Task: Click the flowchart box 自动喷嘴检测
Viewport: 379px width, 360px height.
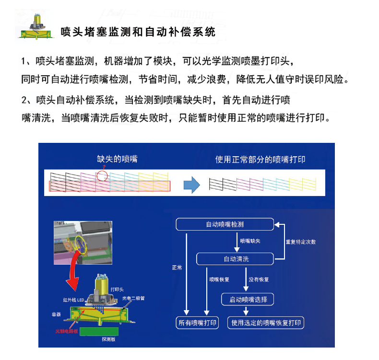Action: [225, 224]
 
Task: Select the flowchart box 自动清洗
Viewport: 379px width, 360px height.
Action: [235, 259]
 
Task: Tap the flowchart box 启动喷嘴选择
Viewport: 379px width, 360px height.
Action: [248, 300]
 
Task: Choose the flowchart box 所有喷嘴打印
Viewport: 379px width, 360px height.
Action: [198, 323]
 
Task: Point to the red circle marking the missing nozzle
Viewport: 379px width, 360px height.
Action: [102, 175]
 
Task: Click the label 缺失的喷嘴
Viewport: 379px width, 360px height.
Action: [114, 159]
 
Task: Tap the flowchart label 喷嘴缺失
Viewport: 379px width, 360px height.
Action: [249, 241]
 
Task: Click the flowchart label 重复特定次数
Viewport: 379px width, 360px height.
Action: [300, 242]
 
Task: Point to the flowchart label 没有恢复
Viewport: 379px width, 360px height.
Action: [259, 279]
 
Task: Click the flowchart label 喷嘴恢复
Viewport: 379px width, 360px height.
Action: [220, 279]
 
